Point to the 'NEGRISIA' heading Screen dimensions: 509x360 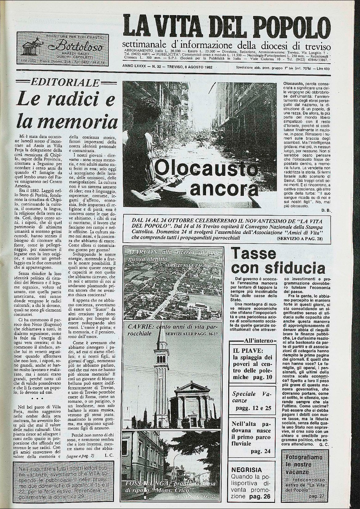coord(247,470)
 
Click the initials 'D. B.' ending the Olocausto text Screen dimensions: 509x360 coord(325,211)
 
